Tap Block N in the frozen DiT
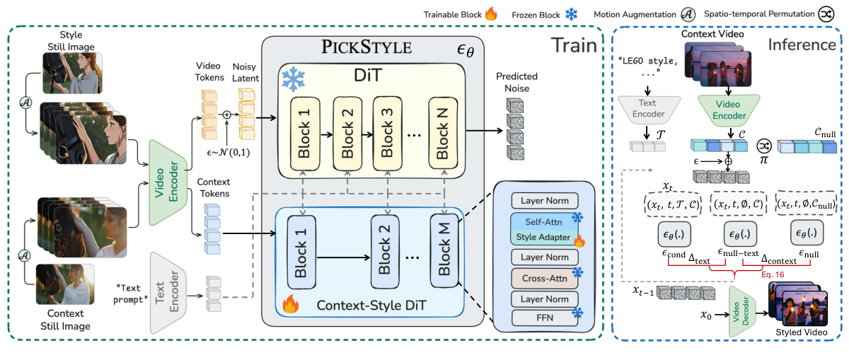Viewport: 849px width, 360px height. click(x=442, y=131)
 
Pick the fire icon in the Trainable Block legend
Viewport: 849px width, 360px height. click(x=490, y=14)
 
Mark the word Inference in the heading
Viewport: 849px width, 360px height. click(x=802, y=45)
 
